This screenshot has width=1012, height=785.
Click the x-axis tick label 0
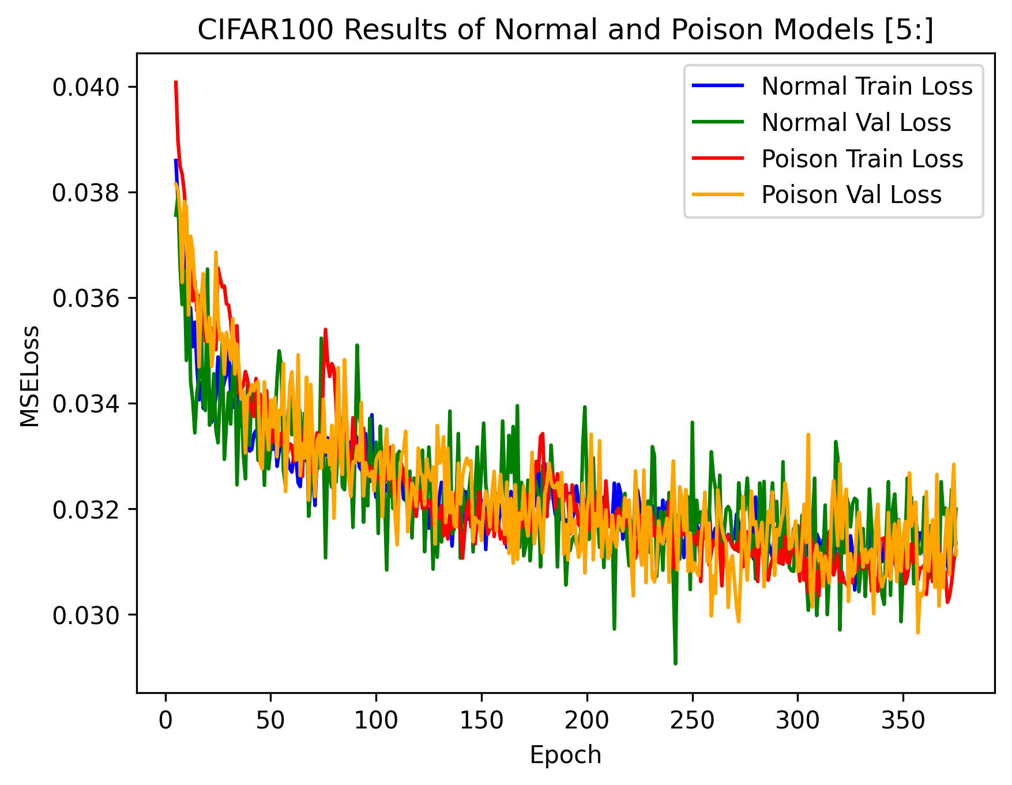coord(165,720)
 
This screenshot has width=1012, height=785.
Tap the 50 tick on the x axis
coord(270,720)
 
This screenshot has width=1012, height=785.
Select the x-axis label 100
coord(376,720)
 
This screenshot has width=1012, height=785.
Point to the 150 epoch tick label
coord(481,720)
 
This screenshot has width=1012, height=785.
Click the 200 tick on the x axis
coord(587,720)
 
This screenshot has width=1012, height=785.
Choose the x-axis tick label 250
coord(692,720)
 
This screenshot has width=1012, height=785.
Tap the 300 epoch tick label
coord(797,720)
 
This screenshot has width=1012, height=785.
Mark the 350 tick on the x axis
coord(903,720)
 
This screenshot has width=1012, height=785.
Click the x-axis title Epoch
coord(565,755)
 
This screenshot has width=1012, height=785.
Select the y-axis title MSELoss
coord(30,376)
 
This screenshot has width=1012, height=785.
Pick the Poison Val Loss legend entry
coord(851,195)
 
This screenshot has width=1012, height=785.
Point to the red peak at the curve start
coord(175,82)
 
